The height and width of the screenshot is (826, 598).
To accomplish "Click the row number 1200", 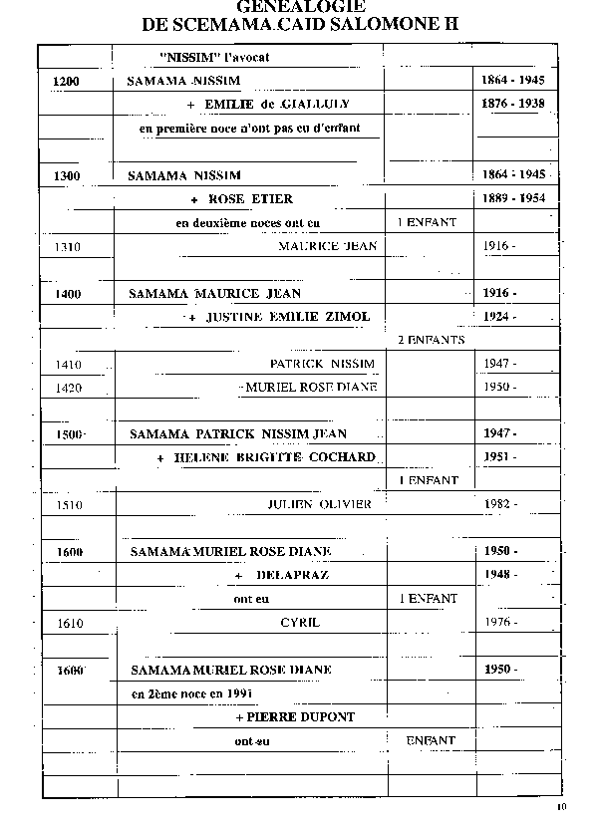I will coord(66,80).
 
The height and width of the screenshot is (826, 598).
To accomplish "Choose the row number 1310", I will coord(69,246).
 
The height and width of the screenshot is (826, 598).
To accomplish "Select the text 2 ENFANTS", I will coord(431,340).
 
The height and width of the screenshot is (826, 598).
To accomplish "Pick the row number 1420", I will coord(69,387).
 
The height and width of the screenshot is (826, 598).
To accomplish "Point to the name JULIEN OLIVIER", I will coord(319,504).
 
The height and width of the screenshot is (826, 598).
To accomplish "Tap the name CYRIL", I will coord(300,622).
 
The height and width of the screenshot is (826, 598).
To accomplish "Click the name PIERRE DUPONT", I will coord(295,716).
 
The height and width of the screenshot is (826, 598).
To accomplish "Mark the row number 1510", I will coord(69,505).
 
